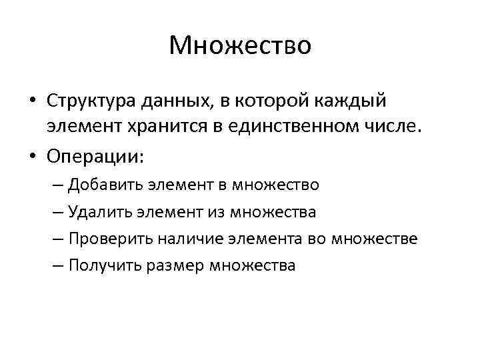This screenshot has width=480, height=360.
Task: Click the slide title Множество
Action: coord(240,46)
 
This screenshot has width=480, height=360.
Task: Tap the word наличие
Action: coord(196,238)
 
